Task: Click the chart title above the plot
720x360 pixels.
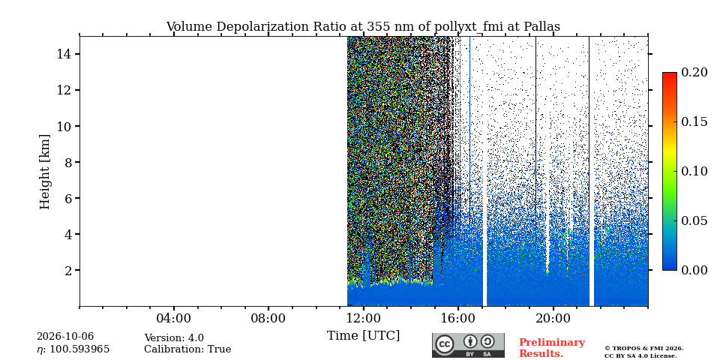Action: click(x=363, y=27)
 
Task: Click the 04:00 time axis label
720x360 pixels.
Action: click(x=174, y=318)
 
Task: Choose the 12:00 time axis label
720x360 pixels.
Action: click(x=363, y=318)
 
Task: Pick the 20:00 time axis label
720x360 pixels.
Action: click(x=553, y=318)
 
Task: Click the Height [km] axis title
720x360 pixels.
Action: click(x=44, y=172)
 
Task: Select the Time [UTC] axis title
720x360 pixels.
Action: click(x=363, y=336)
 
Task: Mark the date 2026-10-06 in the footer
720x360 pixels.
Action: click(x=65, y=337)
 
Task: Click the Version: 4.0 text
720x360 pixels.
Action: click(x=174, y=338)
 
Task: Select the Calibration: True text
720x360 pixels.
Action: click(x=187, y=349)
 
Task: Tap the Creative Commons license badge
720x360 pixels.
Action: click(x=468, y=345)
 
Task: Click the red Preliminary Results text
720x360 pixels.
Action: click(x=552, y=348)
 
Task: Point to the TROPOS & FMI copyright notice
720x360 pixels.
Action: click(x=643, y=352)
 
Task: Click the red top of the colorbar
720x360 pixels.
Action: click(x=670, y=76)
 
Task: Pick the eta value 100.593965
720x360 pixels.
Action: click(x=73, y=350)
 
